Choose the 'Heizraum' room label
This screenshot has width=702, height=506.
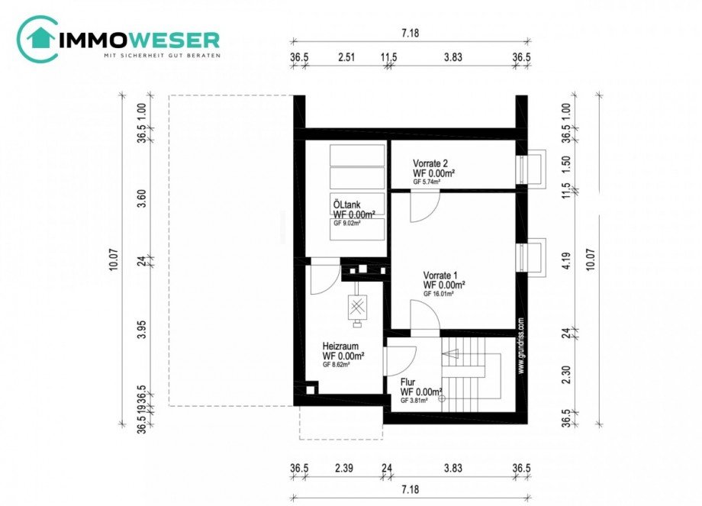coord(341,346)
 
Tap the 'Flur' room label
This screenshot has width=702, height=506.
coord(409,382)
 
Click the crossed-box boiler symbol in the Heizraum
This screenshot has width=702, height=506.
coord(357,307)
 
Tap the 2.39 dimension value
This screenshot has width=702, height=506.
coord(344,468)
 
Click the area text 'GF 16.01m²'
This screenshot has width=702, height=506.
coord(443,294)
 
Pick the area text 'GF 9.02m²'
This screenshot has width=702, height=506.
coord(347,224)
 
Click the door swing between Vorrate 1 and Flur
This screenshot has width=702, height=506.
coord(424,314)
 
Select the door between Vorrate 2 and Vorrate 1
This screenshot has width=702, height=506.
coord(424,205)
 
